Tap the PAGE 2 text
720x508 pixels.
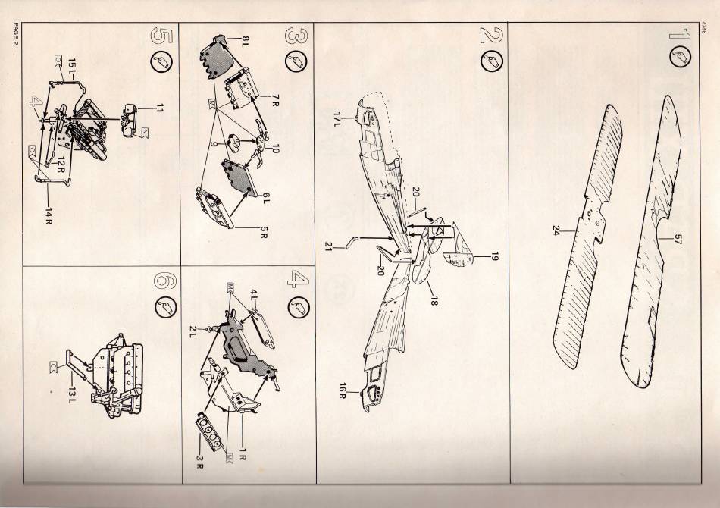15,34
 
